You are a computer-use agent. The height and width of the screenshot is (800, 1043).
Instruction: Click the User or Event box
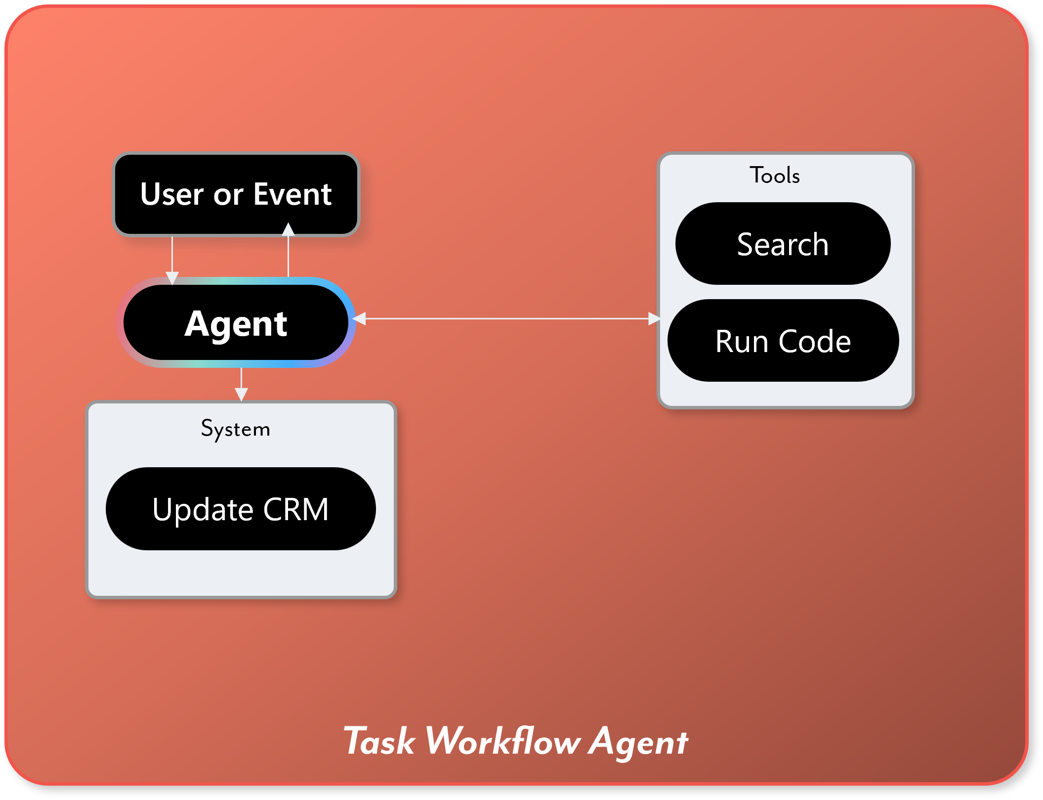coord(236,194)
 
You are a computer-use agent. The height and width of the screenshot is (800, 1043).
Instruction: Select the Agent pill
coord(236,322)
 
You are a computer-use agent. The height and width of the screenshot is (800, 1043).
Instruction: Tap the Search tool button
coord(783,243)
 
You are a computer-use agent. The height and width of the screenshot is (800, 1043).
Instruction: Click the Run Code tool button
coord(783,340)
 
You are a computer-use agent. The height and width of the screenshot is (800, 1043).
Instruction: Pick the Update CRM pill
coord(240,508)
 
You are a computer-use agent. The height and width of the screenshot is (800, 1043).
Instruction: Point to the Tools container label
coord(775,175)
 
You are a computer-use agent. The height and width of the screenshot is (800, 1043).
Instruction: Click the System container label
coord(236,428)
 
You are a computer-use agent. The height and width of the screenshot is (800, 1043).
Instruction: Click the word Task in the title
coord(379,741)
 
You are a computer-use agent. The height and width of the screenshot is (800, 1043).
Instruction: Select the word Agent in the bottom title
coord(638,742)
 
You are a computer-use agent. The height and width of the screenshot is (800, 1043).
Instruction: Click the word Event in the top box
coord(292,194)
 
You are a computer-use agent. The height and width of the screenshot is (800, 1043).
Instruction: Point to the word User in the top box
coord(171,194)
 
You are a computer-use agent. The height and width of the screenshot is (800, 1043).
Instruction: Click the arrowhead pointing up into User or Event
coord(288,229)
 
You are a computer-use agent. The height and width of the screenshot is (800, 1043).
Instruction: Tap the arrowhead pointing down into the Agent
coord(172,278)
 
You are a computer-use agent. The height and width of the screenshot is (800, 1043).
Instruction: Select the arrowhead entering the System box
coord(241,394)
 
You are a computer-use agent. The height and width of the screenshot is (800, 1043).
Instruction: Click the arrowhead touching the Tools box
coord(654,319)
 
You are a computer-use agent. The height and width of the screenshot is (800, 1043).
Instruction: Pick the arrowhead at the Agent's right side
coord(359,319)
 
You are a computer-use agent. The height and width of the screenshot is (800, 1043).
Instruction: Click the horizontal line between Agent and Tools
coord(506,319)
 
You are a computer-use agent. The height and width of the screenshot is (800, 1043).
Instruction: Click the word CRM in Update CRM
coord(295,509)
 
